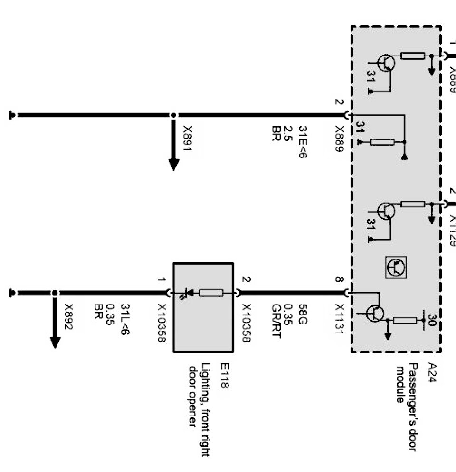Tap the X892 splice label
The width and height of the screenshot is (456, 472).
pos(68,316)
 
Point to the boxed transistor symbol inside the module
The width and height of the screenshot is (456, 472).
pos(396,268)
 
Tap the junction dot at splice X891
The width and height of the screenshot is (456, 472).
pos(173,115)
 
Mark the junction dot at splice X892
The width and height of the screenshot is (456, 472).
pos(55,293)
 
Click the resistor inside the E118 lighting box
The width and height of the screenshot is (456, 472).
pos(211,293)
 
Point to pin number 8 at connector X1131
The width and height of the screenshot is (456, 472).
pos(338,279)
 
